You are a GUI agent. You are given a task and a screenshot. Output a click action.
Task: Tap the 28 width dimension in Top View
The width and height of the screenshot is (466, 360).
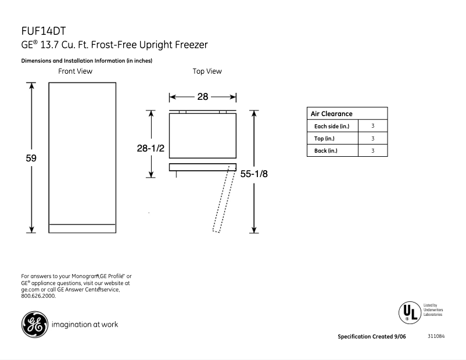tap(202, 97)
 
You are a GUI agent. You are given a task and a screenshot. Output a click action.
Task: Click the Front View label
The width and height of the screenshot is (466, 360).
tap(75, 71)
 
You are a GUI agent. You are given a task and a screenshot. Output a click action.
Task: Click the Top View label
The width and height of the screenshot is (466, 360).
tap(207, 71)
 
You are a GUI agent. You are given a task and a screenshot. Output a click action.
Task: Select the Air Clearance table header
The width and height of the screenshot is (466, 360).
tap(332, 114)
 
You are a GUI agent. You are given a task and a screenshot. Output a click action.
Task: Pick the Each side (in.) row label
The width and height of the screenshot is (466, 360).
tap(332, 126)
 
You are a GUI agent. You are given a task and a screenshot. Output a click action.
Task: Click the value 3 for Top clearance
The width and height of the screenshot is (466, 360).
tap(372, 139)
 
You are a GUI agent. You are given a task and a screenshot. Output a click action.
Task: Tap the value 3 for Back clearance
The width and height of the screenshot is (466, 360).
tap(372, 151)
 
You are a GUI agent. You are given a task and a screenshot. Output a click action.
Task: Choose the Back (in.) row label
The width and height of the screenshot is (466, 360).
tap(326, 151)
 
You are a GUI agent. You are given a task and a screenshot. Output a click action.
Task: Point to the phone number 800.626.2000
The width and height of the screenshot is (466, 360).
tap(38, 296)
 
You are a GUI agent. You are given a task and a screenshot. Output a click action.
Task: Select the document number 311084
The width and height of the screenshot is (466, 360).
tap(436, 337)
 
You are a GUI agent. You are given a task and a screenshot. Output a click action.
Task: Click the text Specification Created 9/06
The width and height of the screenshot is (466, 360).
tap(372, 337)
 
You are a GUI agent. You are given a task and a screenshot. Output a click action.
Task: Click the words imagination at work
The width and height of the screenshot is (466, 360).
tap(85, 324)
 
